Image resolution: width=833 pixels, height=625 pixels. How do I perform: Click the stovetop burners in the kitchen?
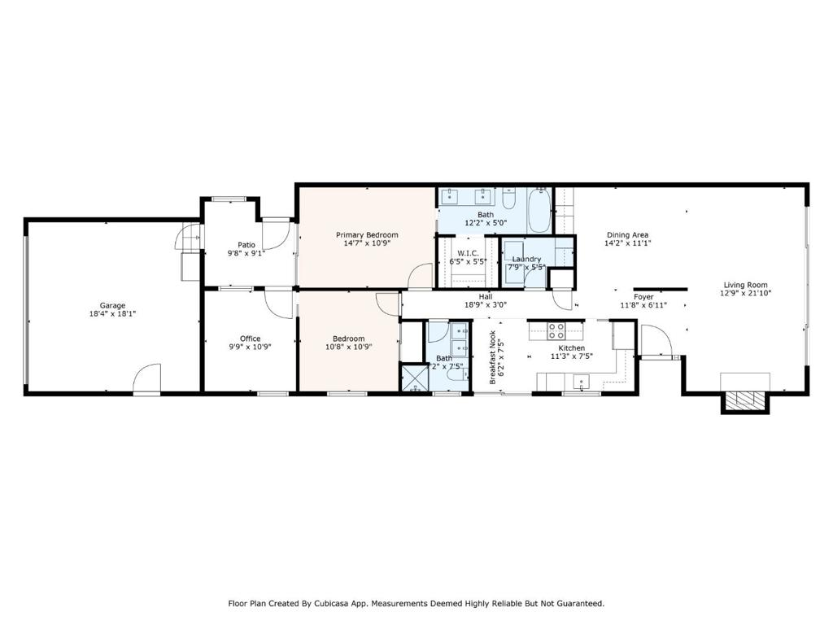(556, 331)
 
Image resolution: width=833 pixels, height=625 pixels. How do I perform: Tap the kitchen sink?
(581, 382)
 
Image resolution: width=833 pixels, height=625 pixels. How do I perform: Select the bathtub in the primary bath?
(539, 211)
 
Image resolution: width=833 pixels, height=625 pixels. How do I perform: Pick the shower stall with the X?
(414, 378)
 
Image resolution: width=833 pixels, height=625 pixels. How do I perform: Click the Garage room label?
(112, 306)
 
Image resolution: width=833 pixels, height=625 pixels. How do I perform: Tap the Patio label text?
(246, 245)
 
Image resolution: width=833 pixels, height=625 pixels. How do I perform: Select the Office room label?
(251, 339)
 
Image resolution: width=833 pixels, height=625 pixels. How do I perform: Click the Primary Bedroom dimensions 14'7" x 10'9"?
(367, 243)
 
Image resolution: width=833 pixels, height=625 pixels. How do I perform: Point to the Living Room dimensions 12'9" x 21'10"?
(746, 293)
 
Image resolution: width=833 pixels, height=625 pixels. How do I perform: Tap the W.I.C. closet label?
(468, 254)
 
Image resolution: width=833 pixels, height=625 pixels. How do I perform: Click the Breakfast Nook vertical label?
(492, 357)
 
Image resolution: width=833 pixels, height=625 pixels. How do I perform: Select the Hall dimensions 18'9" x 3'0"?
(486, 305)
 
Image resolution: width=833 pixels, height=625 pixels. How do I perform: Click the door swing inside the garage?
(146, 378)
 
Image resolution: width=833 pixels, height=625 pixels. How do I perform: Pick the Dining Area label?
(627, 235)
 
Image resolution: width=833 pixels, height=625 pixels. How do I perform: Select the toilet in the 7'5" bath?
(457, 374)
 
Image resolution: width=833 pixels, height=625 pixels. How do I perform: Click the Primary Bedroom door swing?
(421, 276)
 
